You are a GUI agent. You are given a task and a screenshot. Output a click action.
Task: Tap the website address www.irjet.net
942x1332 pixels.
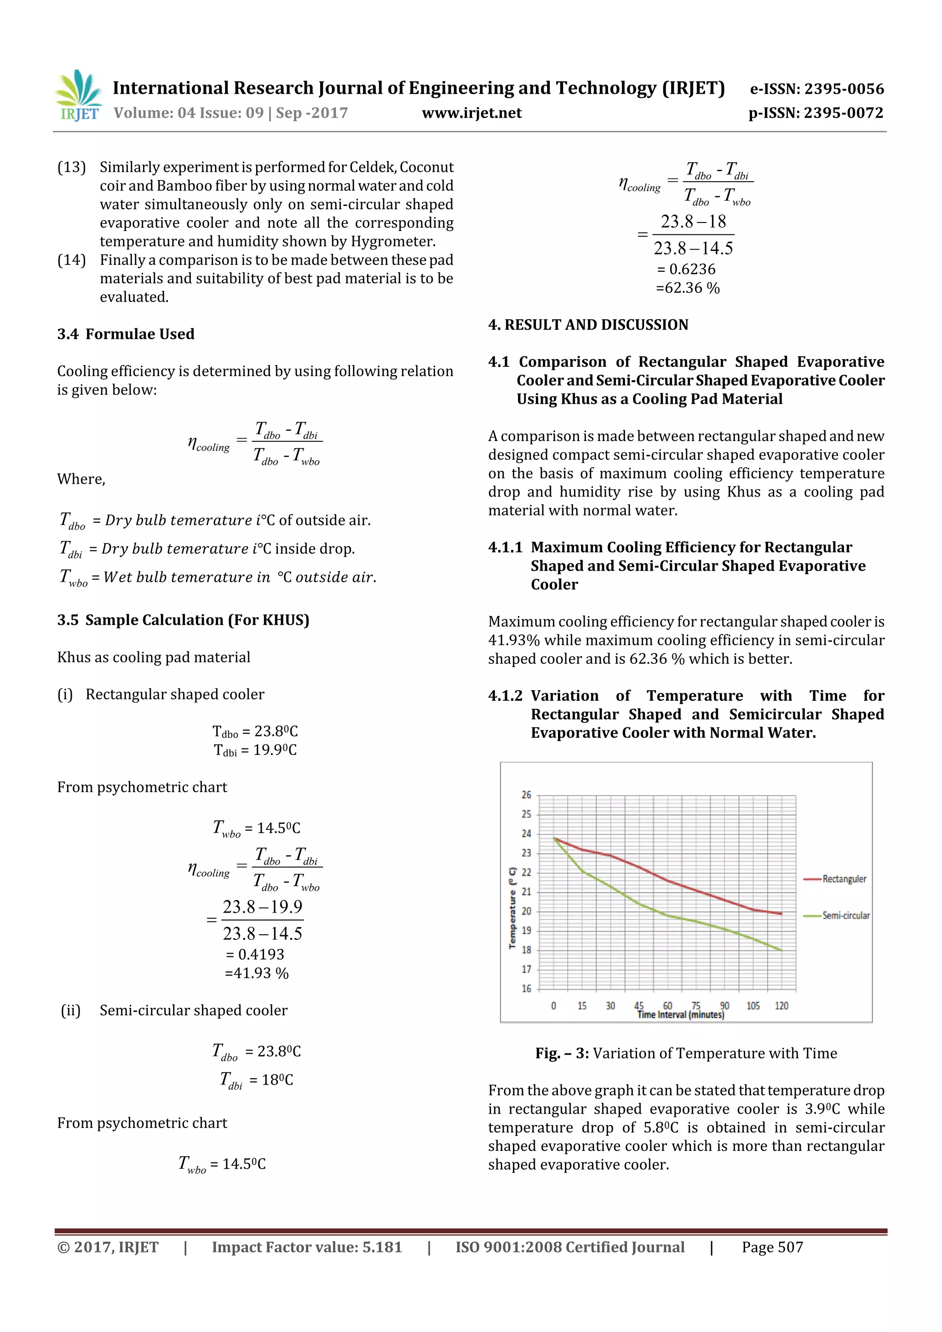click(471, 113)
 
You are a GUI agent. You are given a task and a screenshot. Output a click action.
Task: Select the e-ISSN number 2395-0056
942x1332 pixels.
click(816, 89)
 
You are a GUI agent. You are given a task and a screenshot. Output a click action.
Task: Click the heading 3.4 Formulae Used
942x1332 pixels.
click(126, 334)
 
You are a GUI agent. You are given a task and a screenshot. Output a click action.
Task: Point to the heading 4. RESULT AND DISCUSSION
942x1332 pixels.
click(588, 325)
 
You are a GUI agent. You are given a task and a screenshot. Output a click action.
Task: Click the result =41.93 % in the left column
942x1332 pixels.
click(257, 973)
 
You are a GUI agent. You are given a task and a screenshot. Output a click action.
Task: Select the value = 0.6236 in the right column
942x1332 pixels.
click(686, 269)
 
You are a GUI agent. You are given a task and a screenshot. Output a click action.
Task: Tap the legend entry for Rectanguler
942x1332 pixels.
click(843, 879)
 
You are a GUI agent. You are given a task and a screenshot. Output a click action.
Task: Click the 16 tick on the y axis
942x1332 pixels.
click(526, 989)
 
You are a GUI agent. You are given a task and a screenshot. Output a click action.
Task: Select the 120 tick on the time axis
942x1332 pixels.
click(781, 1006)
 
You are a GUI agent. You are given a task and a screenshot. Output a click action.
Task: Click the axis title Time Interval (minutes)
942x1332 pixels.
click(680, 1015)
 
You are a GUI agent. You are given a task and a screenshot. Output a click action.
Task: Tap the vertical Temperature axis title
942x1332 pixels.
click(512, 908)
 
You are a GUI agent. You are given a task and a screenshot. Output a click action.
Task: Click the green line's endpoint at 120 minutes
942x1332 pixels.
click(782, 950)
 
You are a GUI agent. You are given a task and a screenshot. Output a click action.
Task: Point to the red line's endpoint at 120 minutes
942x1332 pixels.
click(782, 913)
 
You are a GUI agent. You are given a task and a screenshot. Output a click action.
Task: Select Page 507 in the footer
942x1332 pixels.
click(772, 1247)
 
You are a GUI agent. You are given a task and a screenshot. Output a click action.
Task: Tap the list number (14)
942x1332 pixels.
click(71, 260)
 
